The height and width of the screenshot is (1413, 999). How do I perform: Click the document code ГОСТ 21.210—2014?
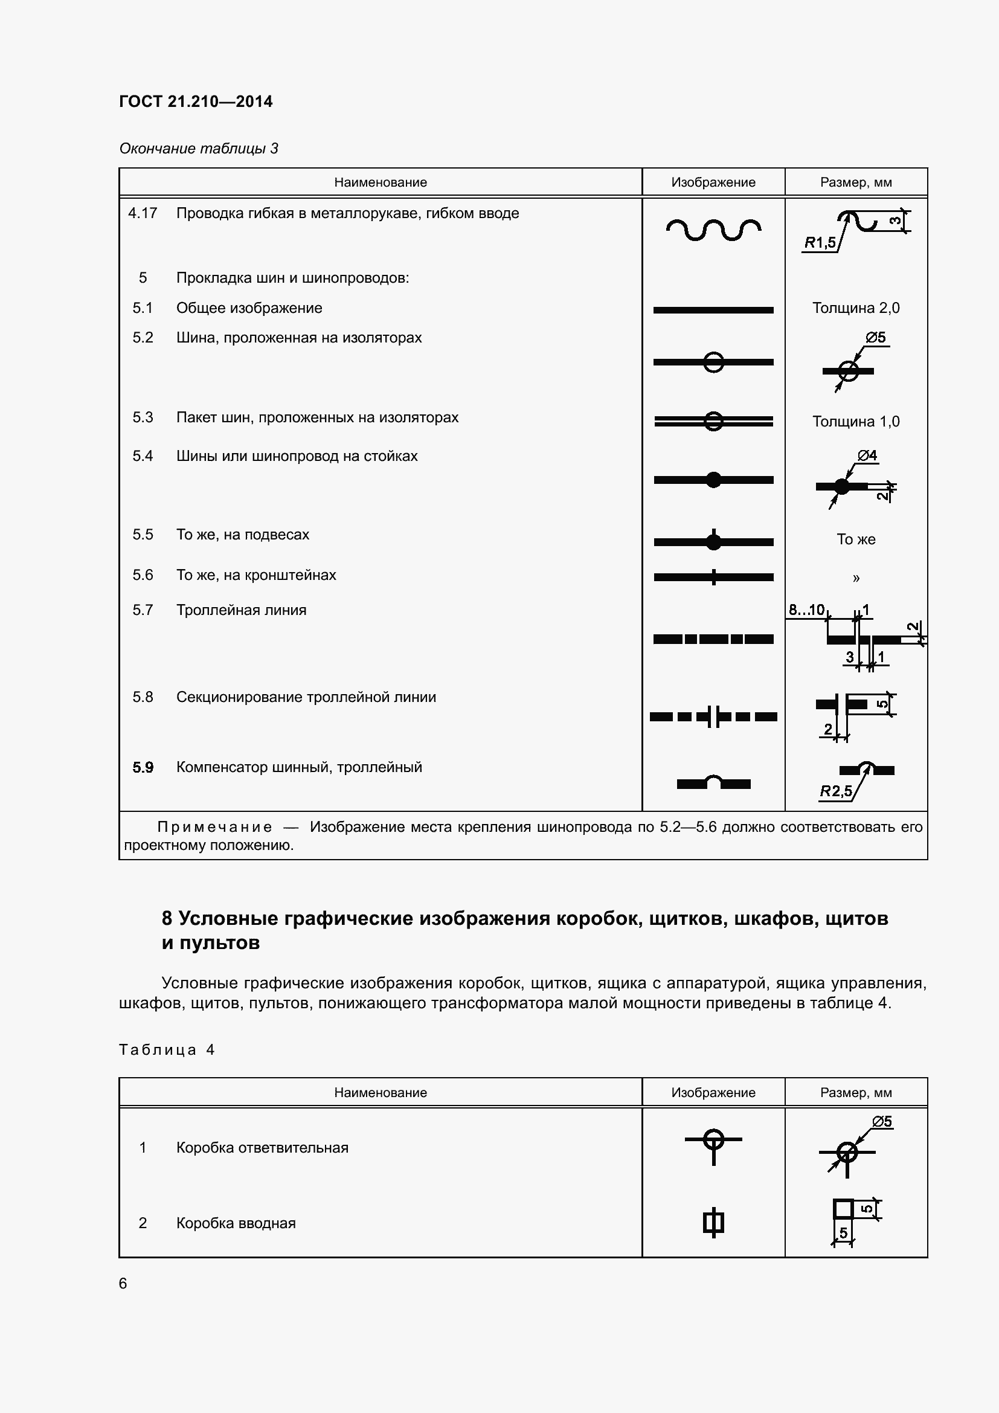196,101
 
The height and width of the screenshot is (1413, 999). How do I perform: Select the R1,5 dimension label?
820,242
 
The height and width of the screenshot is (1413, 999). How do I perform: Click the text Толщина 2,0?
855,307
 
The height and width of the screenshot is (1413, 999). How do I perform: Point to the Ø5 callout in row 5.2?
875,337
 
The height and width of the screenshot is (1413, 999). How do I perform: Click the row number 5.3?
142,417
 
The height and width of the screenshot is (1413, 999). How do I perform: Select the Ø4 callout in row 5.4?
867,455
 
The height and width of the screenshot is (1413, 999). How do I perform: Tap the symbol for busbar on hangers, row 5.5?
713,541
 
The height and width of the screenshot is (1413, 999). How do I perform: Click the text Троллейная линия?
241,610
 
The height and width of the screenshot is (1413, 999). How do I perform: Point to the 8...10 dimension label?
806,610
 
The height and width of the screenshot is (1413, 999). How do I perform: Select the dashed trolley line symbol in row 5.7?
713,639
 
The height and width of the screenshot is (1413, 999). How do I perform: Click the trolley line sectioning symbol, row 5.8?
713,716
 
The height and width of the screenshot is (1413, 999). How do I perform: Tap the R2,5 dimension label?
835,791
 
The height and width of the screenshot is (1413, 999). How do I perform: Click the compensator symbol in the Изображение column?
713,782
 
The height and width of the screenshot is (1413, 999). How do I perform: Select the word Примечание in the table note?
214,827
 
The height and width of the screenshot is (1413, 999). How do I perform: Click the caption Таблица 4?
167,1050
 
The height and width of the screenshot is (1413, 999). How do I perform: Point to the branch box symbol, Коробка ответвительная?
713,1146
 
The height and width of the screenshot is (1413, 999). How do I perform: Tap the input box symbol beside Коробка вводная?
713,1223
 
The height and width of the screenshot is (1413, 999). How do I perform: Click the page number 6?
123,1283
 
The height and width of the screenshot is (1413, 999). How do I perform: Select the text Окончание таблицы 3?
198,149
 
